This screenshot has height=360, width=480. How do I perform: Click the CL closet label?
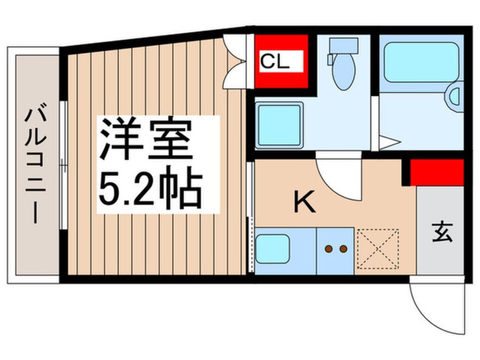point(275,62)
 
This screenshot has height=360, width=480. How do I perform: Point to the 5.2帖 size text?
point(151,187)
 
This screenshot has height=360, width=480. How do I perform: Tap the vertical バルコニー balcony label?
point(32,165)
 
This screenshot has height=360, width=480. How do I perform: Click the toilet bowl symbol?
point(344,73)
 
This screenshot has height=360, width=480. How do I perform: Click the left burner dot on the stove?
point(328,248)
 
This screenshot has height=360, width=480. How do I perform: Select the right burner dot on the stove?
point(342,248)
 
